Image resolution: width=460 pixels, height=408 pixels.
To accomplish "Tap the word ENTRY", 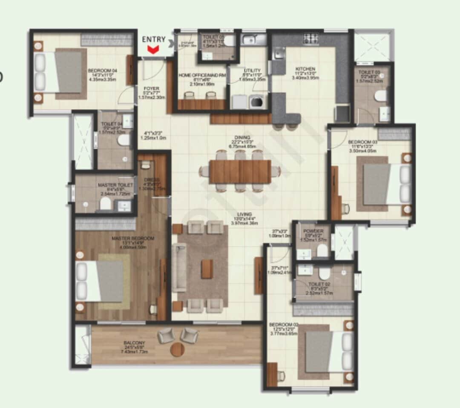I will pos(154,39).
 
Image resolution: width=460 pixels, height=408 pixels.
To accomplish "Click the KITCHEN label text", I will pos(305,69).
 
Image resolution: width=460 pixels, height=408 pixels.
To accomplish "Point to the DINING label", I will pos(239,138).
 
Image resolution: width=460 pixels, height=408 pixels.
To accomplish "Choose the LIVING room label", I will pos(245,214).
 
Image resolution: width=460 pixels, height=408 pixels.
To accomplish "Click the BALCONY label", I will pos(134,343).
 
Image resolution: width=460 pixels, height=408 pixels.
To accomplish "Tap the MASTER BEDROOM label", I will pos(132,239).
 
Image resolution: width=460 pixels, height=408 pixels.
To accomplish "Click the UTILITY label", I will pos(252,71).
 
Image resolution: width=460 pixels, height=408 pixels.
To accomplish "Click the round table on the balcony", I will pos(177,350).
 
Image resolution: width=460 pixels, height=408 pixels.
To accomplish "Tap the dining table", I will pos(240,171).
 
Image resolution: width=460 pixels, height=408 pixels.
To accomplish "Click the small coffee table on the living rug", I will pos(207,269).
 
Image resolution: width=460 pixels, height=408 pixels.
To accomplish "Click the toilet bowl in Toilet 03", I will pos(380,95).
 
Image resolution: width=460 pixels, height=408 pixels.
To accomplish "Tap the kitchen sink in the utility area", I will pos(251,40).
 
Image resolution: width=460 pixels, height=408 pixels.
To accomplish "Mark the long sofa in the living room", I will pos(179,267).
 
